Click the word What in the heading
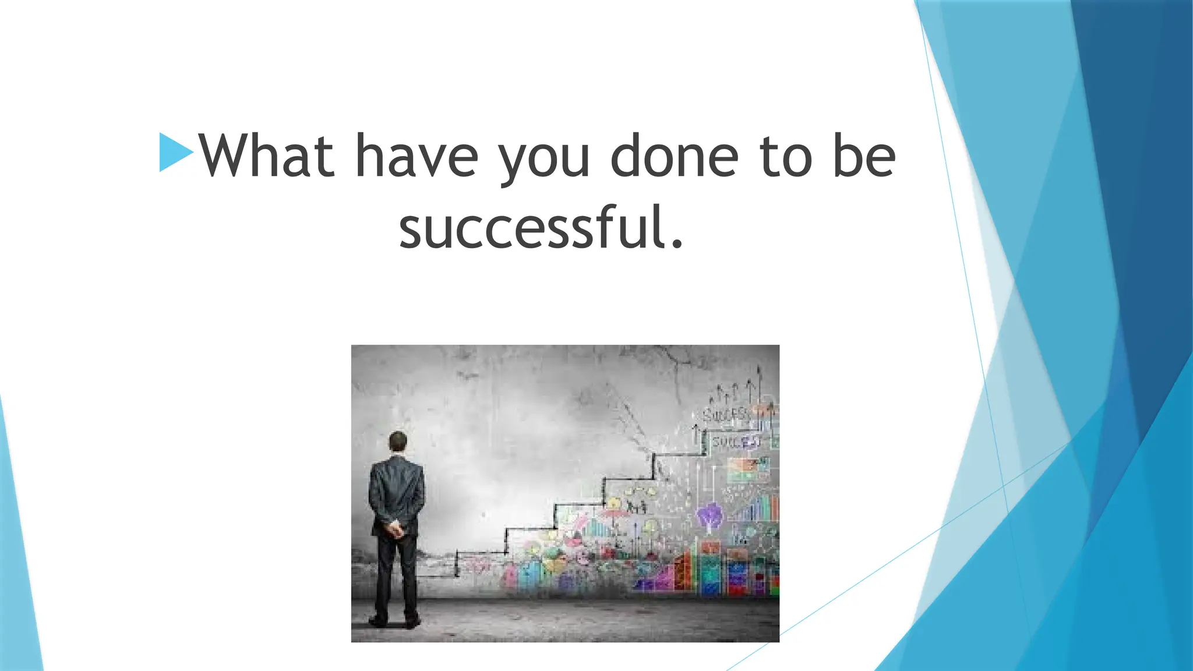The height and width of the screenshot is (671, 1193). (266, 156)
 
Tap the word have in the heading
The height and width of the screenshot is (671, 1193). (416, 156)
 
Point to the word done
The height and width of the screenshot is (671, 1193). (674, 156)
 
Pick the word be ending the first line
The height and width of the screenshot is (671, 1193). (864, 156)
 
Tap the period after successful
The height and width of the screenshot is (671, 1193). (676, 243)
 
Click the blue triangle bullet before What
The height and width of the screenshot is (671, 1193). (175, 153)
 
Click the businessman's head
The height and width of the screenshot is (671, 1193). (398, 442)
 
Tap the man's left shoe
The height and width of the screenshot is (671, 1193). (378, 621)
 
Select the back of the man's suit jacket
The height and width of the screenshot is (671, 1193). (397, 489)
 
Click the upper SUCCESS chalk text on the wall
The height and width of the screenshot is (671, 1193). (725, 415)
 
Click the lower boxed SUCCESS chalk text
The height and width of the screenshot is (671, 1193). (735, 442)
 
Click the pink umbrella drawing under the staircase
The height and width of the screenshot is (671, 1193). (612, 515)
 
